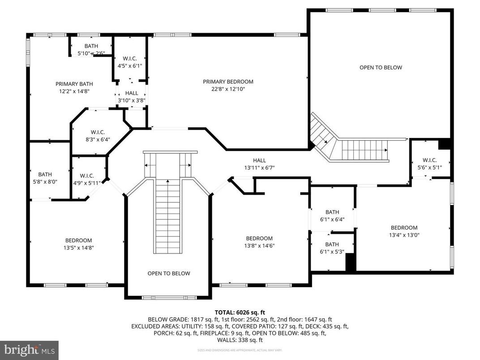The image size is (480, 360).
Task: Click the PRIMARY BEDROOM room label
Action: (x=228, y=81)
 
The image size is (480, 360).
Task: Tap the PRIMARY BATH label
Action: (x=74, y=84)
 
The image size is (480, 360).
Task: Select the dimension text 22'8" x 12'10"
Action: (x=228, y=89)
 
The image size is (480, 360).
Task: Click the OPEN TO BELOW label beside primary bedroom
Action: (x=381, y=68)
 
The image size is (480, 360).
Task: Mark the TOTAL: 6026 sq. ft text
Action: (x=240, y=313)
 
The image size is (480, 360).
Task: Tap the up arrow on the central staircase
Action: (x=168, y=182)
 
